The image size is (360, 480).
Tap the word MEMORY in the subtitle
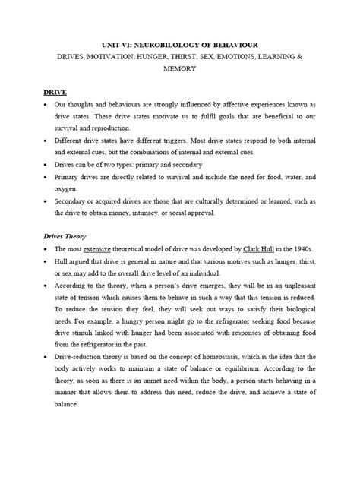pyautogui.click(x=180, y=68)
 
